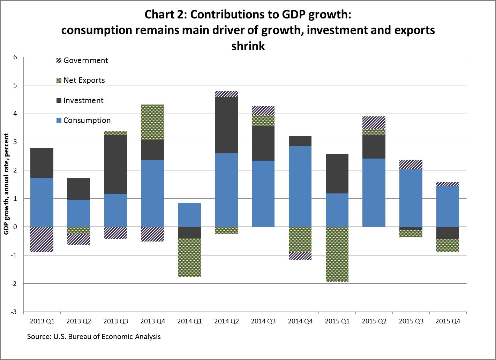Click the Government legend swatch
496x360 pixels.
(59, 61)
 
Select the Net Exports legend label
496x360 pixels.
(84, 81)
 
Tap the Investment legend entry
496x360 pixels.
(83, 101)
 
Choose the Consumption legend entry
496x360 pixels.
(87, 121)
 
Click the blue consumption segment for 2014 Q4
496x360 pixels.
(300, 186)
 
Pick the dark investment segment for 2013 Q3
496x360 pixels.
(115, 164)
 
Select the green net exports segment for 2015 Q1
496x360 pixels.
(337, 254)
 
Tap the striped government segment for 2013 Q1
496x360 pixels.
(42, 239)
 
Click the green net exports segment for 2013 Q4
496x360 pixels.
(152, 122)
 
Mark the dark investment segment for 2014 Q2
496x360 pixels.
(226, 125)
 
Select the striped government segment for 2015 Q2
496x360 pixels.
(374, 123)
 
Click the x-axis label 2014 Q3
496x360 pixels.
(263, 321)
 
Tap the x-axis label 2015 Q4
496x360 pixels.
(448, 321)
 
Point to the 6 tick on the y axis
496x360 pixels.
(15, 57)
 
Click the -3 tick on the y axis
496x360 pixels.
(14, 312)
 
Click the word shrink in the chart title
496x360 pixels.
(248, 46)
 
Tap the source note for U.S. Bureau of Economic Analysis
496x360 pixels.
(94, 337)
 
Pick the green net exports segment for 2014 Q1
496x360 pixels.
(189, 258)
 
